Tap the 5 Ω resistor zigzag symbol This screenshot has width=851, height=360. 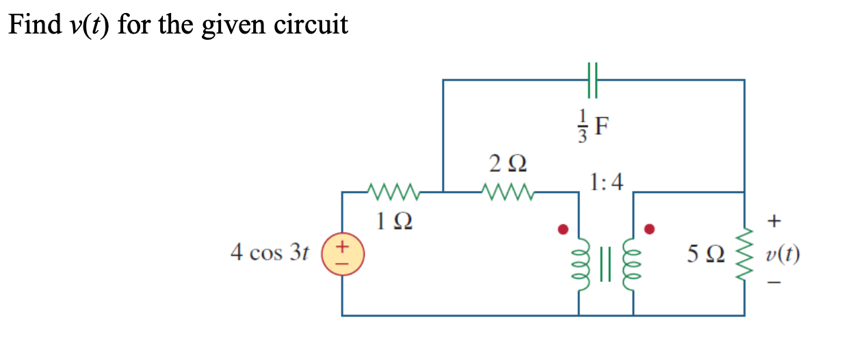point(744,254)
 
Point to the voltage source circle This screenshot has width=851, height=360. point(342,254)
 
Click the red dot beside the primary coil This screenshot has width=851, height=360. point(563,229)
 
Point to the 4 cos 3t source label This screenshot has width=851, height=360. point(270,253)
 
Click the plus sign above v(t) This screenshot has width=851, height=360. point(774,221)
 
